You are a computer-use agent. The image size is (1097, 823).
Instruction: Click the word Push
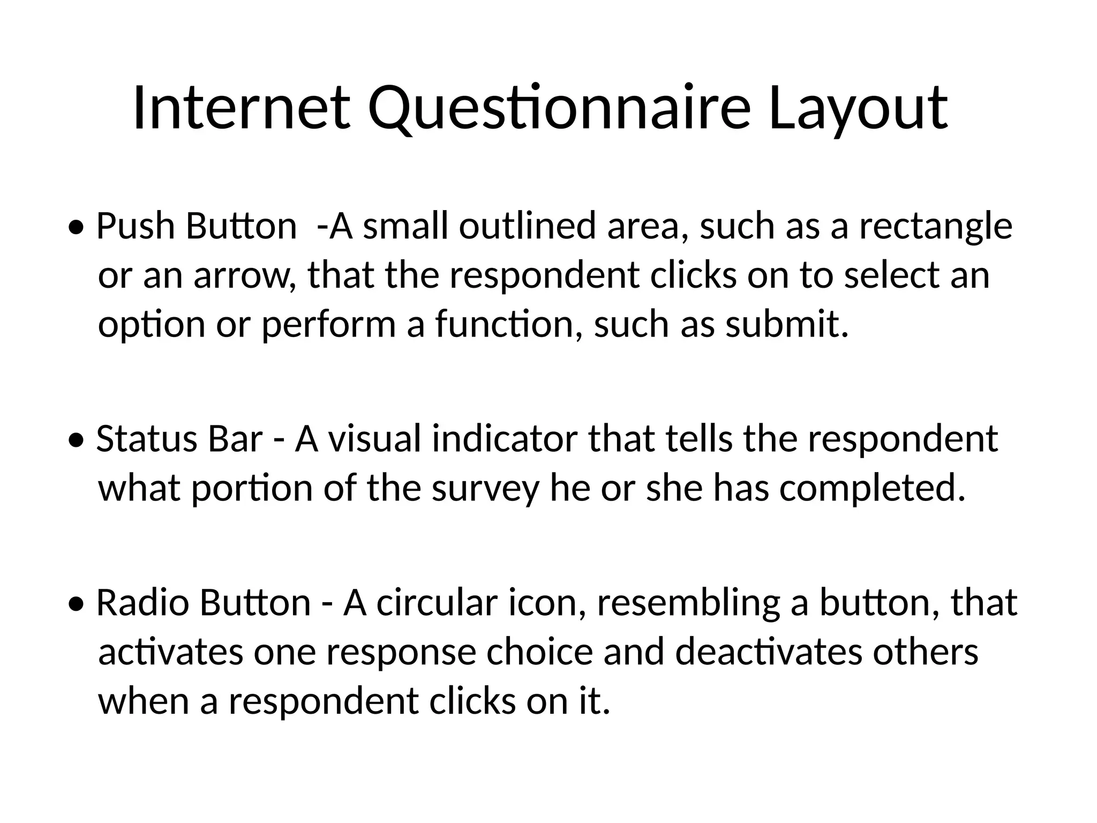tap(136, 226)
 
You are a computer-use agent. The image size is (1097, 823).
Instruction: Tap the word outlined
tap(527, 226)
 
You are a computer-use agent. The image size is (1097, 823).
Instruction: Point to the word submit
tap(787, 325)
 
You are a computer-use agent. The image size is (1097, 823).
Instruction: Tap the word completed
tap(872, 489)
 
